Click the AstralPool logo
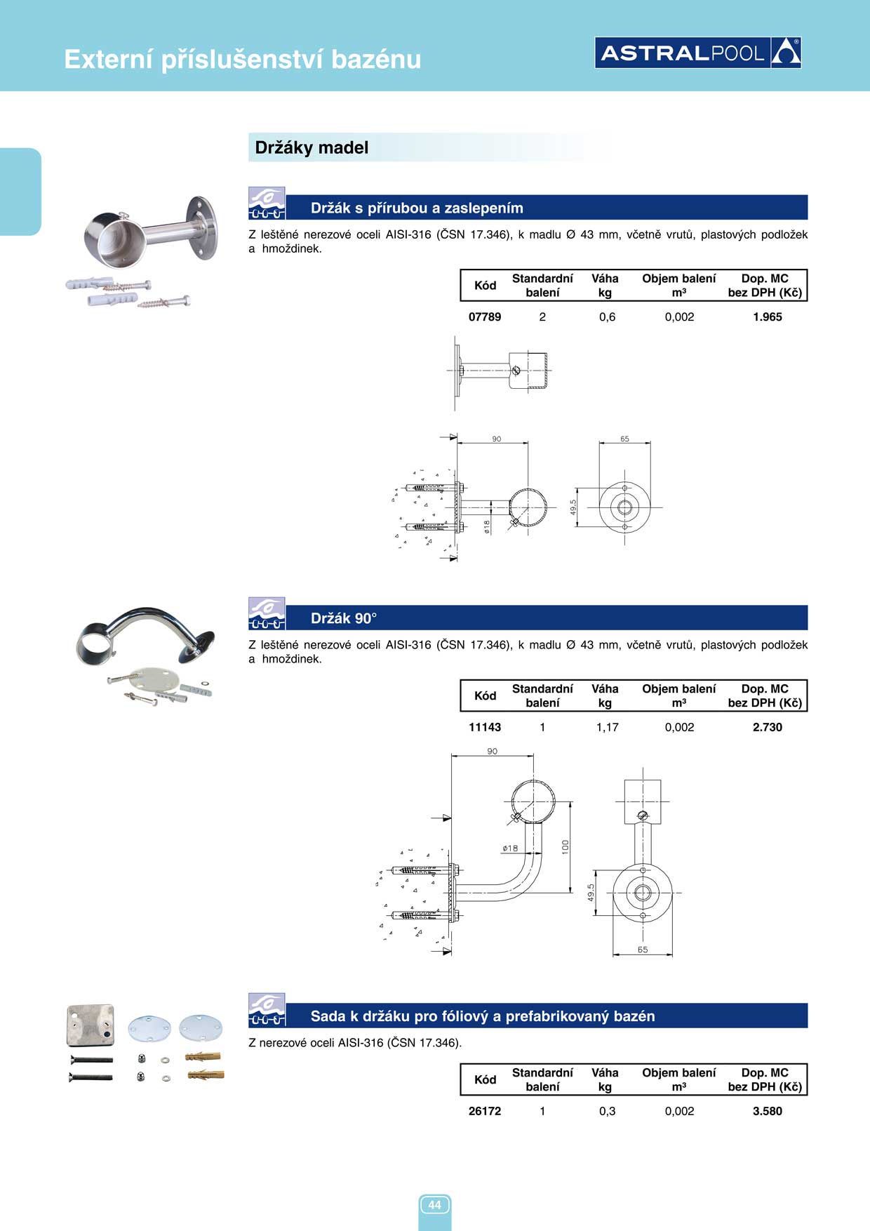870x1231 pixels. (x=698, y=53)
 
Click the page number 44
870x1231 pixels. (x=434, y=1205)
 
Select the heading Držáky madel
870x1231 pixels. (x=312, y=147)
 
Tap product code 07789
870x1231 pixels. (x=485, y=317)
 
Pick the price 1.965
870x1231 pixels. (x=767, y=317)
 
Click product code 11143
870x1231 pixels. (x=485, y=728)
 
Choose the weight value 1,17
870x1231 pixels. (x=607, y=728)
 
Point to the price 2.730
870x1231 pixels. (x=767, y=728)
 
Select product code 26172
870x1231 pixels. (x=485, y=1112)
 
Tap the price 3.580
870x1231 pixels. (x=767, y=1112)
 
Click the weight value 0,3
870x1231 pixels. (x=607, y=1112)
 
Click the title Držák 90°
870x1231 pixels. (x=344, y=618)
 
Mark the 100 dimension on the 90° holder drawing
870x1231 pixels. (x=565, y=847)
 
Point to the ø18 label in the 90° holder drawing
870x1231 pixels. (x=510, y=849)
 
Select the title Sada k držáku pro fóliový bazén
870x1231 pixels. (x=483, y=1016)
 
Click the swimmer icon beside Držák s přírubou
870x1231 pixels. (x=267, y=204)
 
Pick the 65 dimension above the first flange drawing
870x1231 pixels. (x=624, y=439)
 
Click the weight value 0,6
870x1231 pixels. (x=607, y=317)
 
